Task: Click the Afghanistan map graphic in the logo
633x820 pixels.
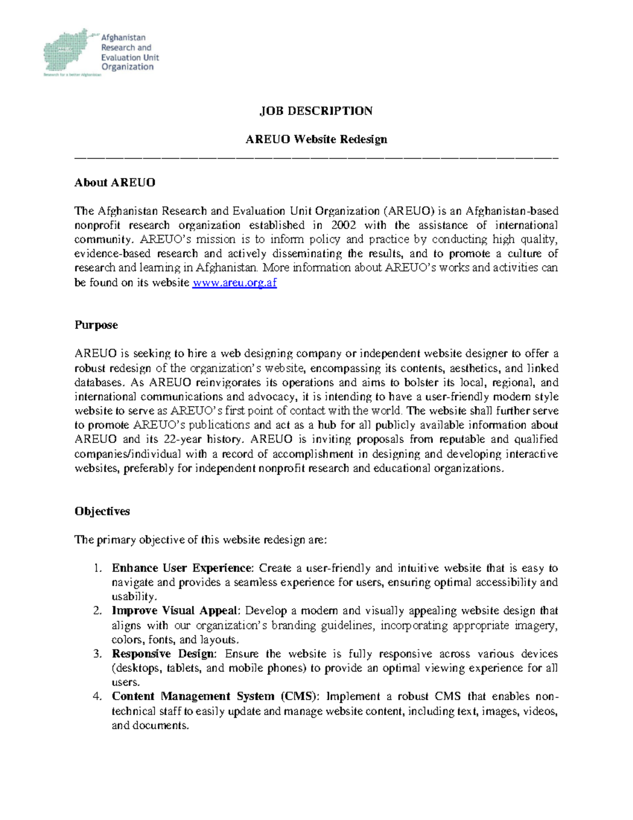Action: point(66,51)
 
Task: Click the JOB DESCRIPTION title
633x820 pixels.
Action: point(316,111)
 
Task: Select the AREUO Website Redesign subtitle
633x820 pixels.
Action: point(316,139)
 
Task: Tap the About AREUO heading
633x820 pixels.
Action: point(114,183)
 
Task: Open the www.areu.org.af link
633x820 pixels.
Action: point(234,282)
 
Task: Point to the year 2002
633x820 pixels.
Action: point(343,225)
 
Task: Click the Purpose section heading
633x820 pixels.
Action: point(96,325)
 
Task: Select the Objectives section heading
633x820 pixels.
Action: point(102,512)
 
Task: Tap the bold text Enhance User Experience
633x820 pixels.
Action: point(182,569)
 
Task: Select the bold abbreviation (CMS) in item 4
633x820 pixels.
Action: point(300,696)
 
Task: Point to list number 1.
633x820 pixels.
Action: point(97,569)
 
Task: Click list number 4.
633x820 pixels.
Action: point(97,696)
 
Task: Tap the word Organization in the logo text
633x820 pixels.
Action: point(127,67)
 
